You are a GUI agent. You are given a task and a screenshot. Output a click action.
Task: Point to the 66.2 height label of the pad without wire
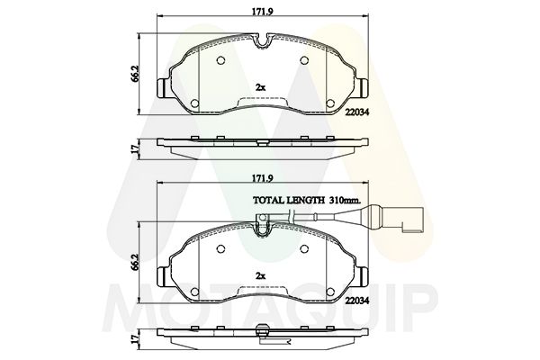[x=137, y=72]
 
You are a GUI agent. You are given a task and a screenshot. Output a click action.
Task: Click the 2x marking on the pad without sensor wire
[x=261, y=86]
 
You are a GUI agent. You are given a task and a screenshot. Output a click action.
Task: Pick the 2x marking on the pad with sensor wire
[x=261, y=276]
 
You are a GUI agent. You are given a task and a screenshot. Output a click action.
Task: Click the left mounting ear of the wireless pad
[x=163, y=89]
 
